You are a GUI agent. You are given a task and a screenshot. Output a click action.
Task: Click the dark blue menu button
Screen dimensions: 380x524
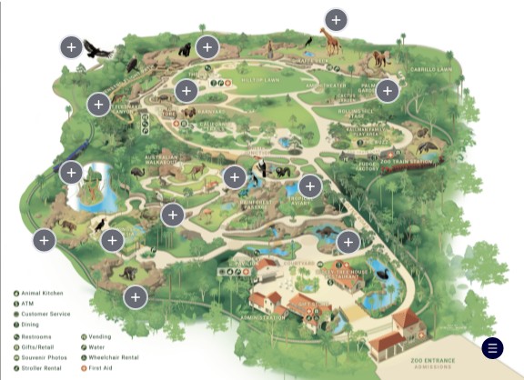[492, 347]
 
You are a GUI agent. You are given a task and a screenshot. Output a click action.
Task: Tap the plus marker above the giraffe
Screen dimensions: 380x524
[337, 19]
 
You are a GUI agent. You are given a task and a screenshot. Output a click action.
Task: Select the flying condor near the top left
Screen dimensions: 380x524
[96, 49]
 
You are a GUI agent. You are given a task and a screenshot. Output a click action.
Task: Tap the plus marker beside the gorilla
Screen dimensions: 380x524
[207, 46]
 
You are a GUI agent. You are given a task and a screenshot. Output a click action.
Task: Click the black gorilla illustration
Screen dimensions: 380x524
[186, 50]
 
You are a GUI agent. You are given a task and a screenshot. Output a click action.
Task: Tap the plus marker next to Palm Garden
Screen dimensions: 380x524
[388, 90]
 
